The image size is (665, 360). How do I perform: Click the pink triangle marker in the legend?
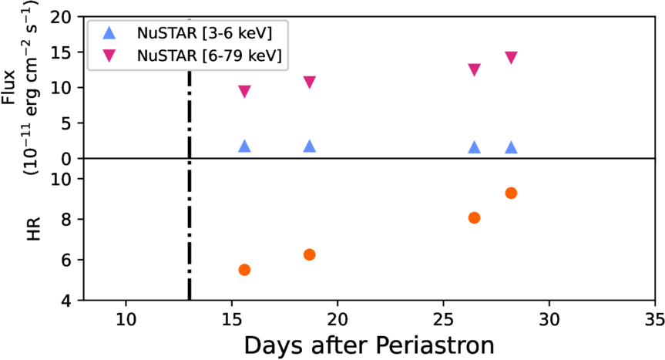point(109,56)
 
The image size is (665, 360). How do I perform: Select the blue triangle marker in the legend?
point(109,33)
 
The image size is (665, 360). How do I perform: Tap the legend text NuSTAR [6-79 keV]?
point(208,56)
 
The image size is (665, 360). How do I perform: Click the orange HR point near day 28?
point(510,193)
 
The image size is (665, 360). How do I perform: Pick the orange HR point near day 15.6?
point(244,270)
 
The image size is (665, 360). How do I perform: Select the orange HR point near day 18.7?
point(310,254)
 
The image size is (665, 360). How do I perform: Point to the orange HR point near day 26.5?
point(475,217)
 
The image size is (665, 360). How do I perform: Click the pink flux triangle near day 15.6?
point(244,92)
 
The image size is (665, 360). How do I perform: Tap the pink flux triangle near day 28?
point(510,58)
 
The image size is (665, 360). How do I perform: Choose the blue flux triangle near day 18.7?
point(310,146)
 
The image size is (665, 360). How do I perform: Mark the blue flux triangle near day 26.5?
point(475,147)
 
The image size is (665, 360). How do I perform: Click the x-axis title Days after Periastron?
point(369,345)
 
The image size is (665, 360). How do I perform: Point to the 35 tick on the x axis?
point(653,316)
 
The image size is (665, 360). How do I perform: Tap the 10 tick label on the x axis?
point(126,316)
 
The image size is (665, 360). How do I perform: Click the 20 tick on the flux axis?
point(65,17)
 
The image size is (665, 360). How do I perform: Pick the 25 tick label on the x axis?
point(442,316)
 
